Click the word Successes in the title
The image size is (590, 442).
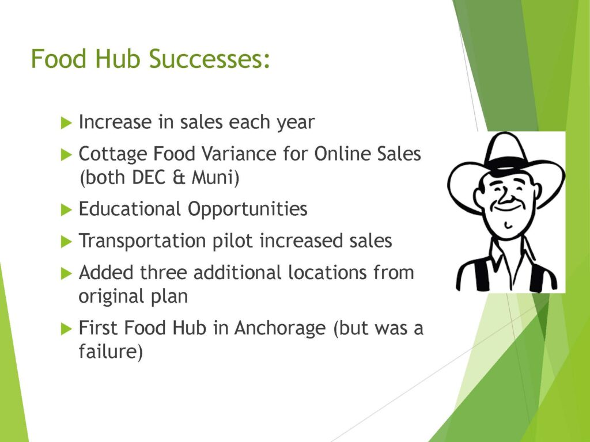click(209, 59)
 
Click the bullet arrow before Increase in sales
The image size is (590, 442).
click(66, 123)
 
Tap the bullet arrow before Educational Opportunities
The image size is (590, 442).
click(66, 209)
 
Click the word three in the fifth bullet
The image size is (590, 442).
click(163, 272)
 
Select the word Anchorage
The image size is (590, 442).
click(280, 328)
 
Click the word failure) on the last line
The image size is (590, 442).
click(111, 352)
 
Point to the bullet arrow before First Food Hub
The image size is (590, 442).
click(66, 329)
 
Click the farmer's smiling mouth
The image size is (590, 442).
click(506, 207)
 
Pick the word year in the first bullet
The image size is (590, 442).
click(296, 123)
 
